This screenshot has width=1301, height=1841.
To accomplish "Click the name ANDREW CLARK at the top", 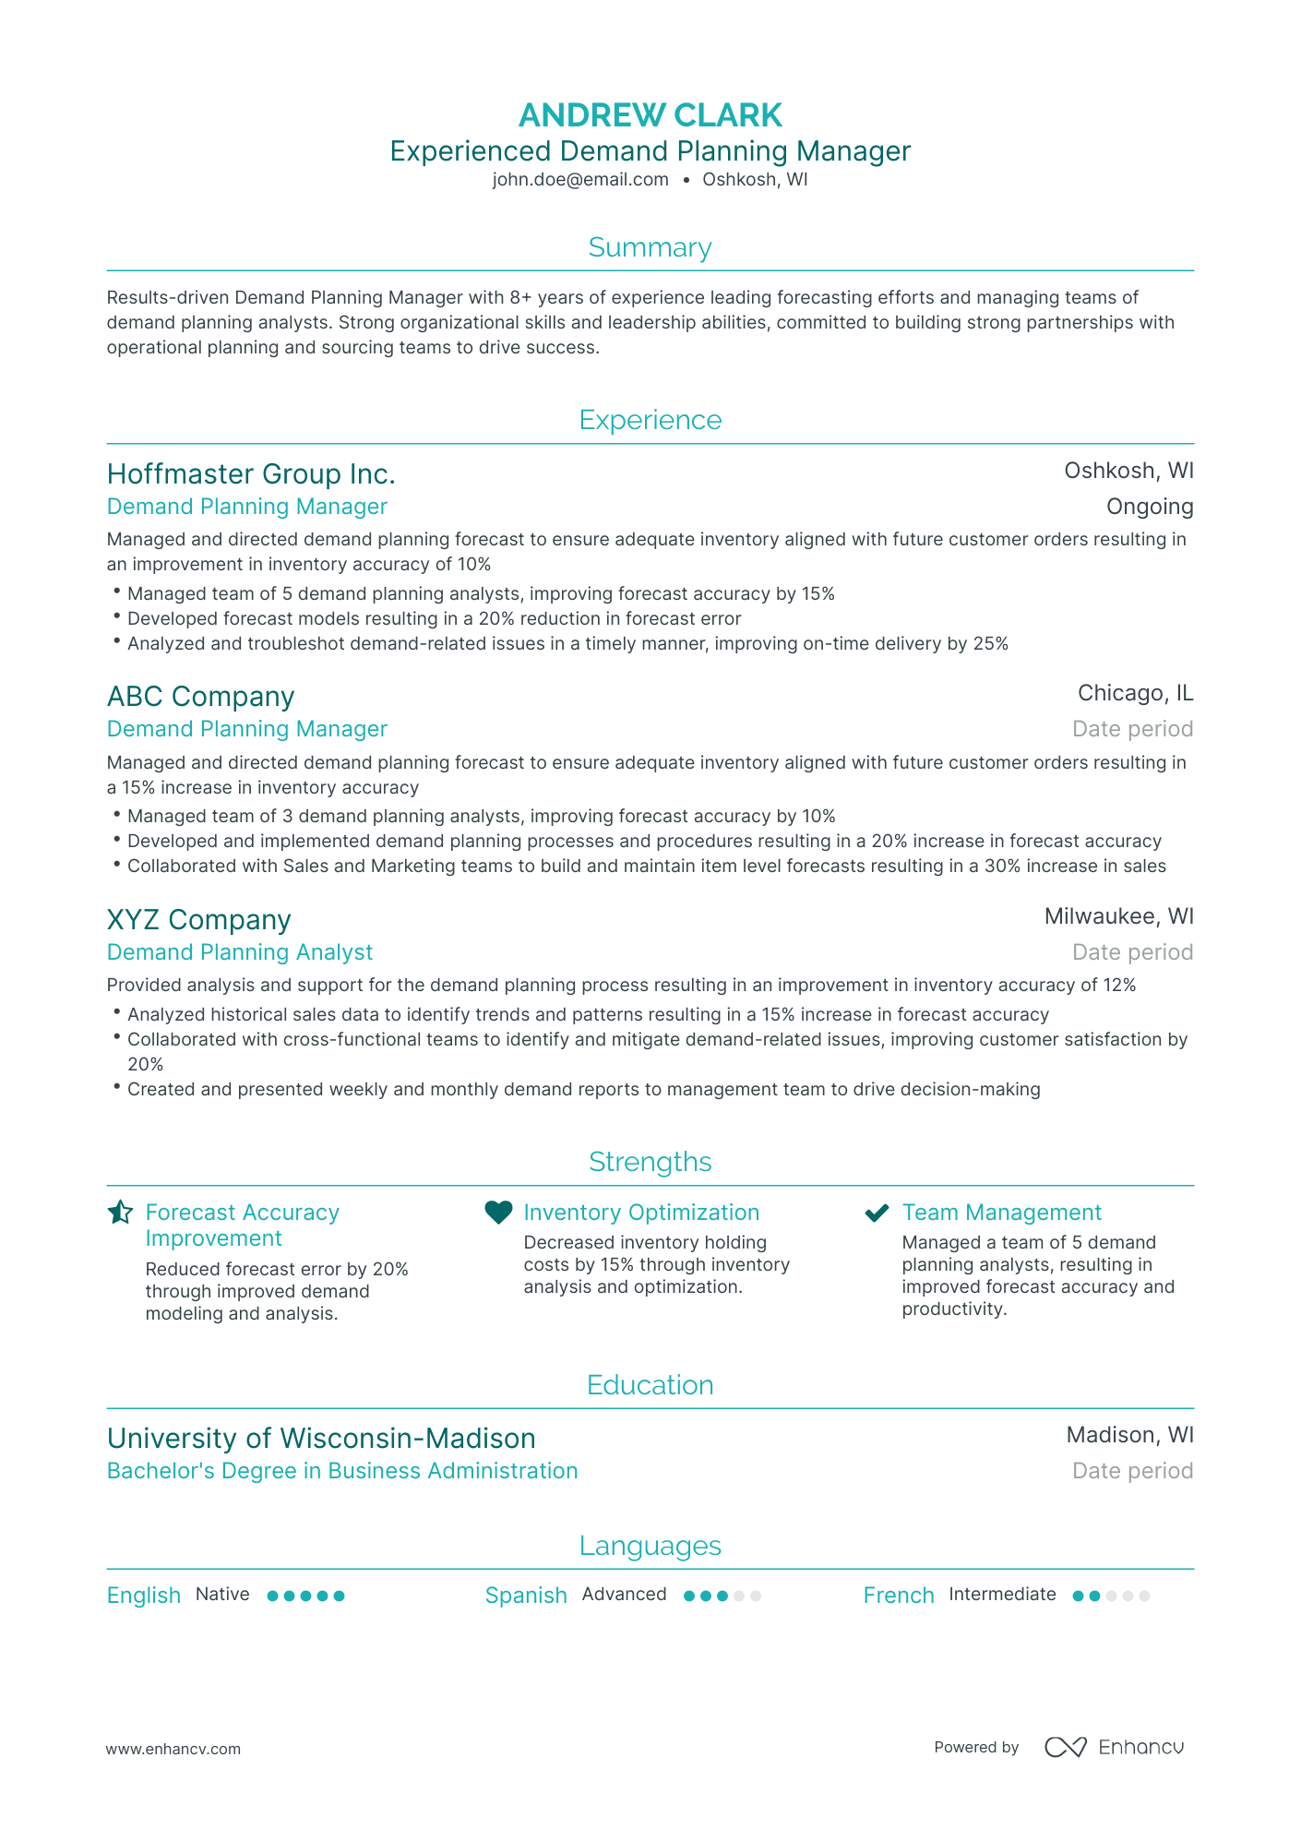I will pos(650,115).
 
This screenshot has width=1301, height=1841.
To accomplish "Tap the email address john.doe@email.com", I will pos(579,180).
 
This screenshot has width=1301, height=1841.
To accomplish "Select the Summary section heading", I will pos(650,247).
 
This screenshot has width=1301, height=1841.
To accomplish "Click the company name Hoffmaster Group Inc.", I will pos(251,473).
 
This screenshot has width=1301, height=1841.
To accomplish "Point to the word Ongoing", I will pos(1149,507).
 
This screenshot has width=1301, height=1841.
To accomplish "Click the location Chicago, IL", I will pos(1134,693).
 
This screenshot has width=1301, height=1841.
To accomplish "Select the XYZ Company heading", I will pos(198,919).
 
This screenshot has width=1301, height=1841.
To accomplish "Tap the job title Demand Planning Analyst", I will pos(240,952).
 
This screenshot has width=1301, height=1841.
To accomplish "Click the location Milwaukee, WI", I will pos(1118,916).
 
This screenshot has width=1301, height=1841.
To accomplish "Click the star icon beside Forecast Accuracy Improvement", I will pos(120,1213).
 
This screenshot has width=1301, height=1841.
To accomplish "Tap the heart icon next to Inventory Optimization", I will pos(498,1213).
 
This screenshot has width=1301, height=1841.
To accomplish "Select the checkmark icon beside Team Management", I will pos(877,1213).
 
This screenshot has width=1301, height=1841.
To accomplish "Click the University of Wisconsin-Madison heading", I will pos(321,1439).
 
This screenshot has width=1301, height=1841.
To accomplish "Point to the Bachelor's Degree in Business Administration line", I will pos(342,1471).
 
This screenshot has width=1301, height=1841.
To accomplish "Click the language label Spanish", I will pos(526,1596).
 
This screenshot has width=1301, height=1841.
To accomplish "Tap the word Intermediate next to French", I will pos(1002,1595).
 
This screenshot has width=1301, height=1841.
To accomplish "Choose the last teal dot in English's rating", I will pos(339,1596).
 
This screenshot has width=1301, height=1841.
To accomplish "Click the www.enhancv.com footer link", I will pos(173,1749).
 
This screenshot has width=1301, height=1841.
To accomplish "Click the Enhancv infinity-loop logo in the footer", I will pos(1066,1747).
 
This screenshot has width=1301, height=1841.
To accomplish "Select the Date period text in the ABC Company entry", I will pos(1132,729).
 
